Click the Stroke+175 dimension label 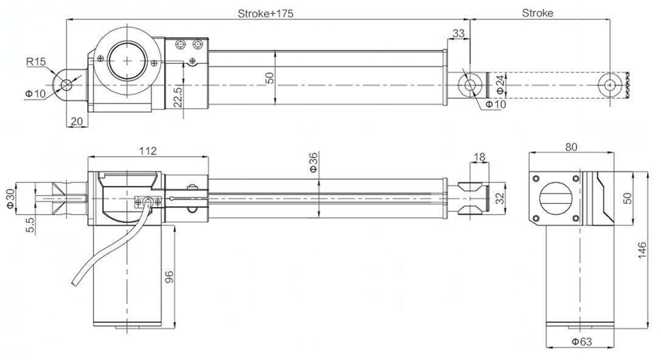point(266,13)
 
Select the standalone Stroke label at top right point(538,13)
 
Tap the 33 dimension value point(459,32)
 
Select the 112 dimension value point(148,150)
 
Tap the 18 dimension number point(479,157)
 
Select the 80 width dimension point(571,147)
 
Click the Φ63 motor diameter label point(582,342)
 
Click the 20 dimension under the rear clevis point(76,121)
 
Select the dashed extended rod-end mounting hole point(610,85)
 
